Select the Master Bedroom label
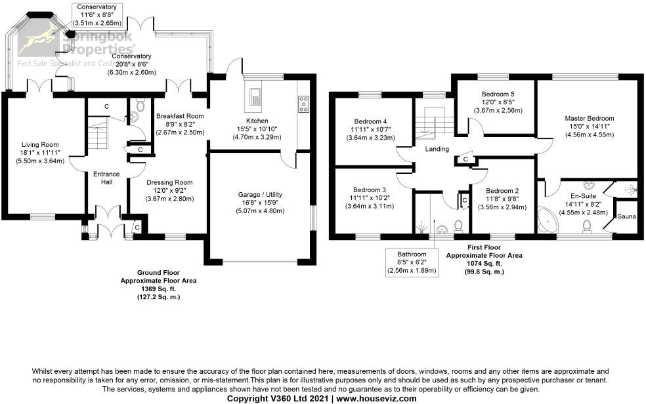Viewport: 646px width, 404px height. tap(589, 118)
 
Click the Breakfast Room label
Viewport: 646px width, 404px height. tap(180, 116)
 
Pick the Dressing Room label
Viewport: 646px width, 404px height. tap(169, 182)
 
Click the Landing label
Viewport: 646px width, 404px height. tap(437, 150)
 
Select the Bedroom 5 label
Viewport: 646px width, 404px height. tap(498, 94)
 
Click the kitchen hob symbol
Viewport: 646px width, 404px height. tap(305, 102)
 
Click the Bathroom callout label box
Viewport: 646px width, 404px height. tap(412, 262)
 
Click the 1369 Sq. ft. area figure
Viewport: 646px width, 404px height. tap(158, 289)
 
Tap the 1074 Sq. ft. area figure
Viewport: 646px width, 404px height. tap(484, 263)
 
